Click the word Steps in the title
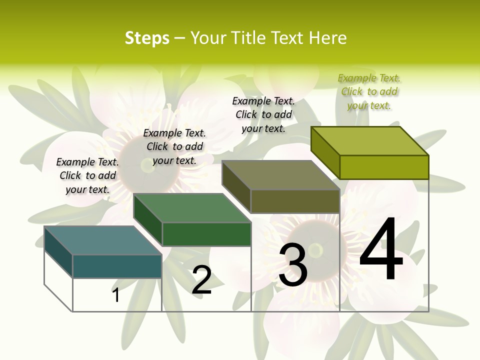pos(147,38)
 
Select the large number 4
pos(381,250)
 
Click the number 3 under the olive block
pos(293,265)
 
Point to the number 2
pos(201,280)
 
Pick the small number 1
pos(116,295)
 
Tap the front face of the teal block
pos(117,266)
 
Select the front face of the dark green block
pos(206,234)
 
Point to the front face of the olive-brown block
pos(295,201)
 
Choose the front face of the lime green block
pos(384,167)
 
